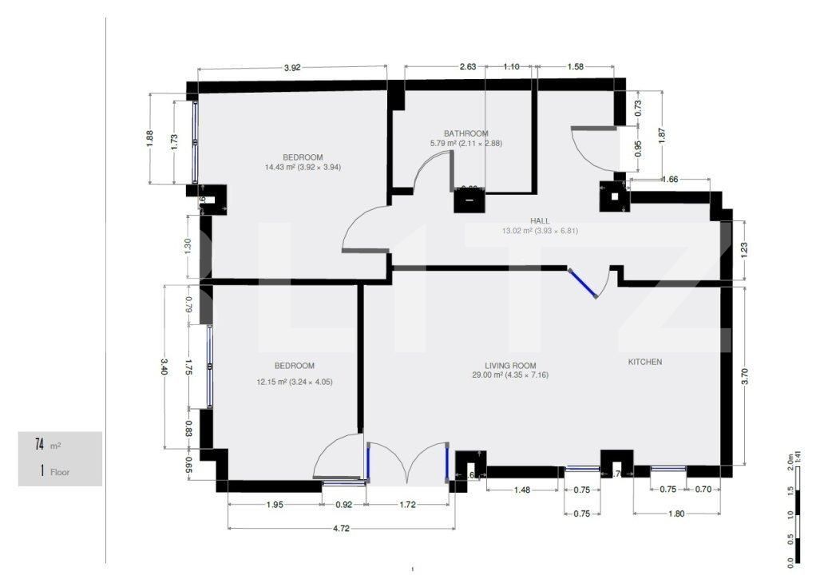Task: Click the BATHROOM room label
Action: click(x=465, y=133)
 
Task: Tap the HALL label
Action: click(x=540, y=221)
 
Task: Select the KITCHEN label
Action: click(x=644, y=362)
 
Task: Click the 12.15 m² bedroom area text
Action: click(x=294, y=382)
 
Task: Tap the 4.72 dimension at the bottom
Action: click(x=341, y=528)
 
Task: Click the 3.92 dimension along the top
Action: click(x=292, y=68)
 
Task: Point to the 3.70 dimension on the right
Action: click(x=744, y=371)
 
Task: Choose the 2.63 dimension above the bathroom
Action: click(x=467, y=67)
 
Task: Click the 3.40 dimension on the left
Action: click(x=164, y=366)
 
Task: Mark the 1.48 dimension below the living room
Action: click(x=523, y=490)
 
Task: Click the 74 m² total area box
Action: click(x=60, y=445)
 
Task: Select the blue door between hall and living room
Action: click(x=583, y=284)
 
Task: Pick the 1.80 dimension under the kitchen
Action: click(x=675, y=514)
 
